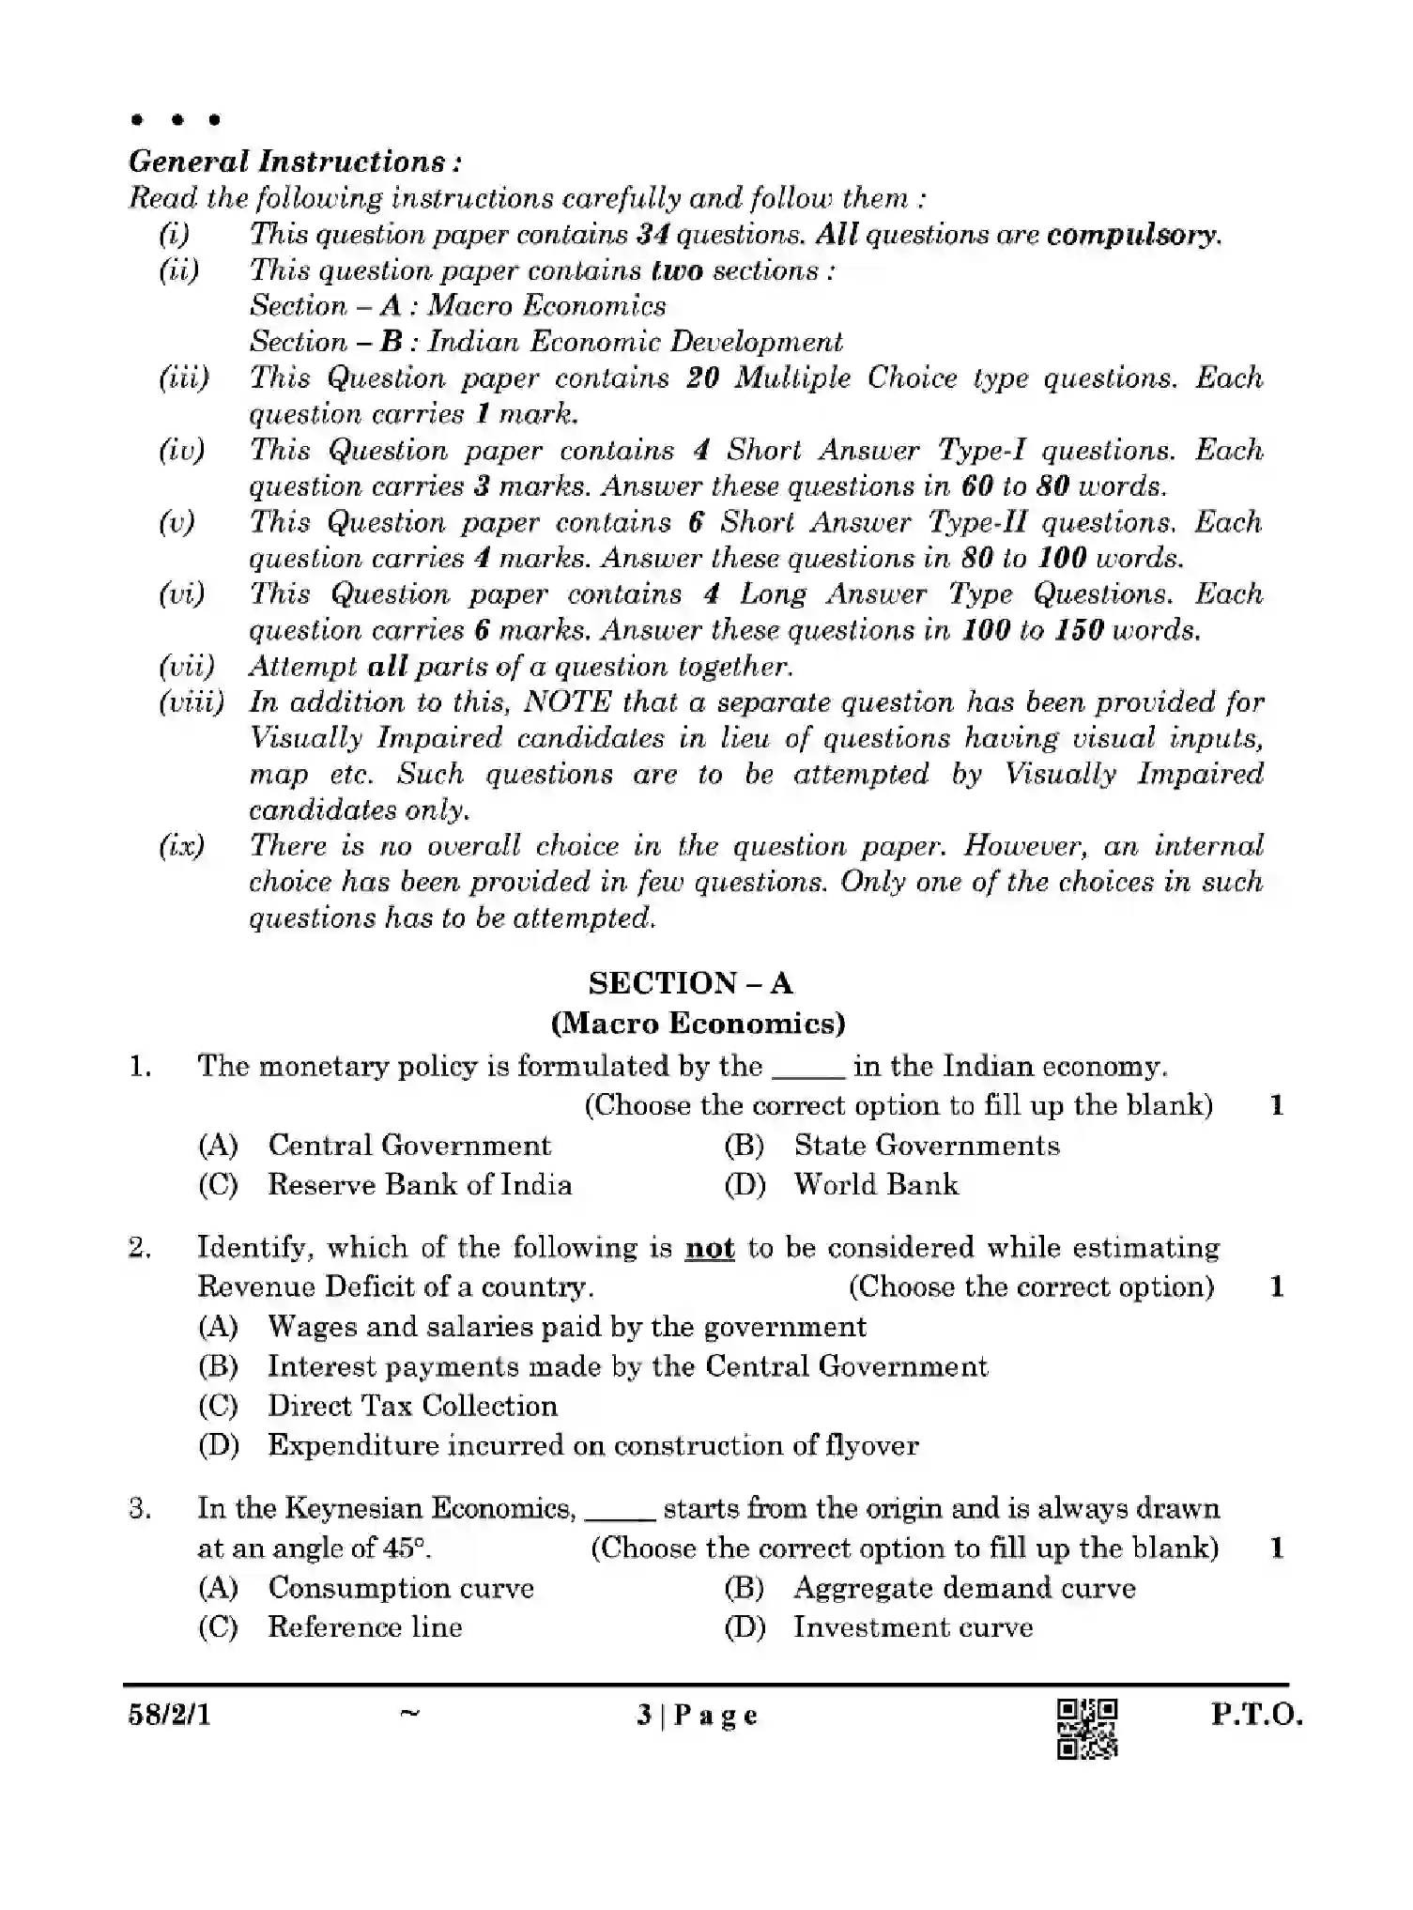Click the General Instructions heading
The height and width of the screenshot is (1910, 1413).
[x=295, y=162]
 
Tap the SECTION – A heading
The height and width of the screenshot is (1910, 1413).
[x=690, y=983]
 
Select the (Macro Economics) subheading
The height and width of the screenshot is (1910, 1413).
[x=698, y=1023]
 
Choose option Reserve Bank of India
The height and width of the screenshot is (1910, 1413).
[x=420, y=1184]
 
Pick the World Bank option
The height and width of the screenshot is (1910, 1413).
[x=875, y=1184]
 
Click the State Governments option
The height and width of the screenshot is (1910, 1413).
[x=926, y=1145]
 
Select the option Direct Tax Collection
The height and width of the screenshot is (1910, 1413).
[x=412, y=1406]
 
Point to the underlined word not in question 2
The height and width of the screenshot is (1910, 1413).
[x=710, y=1248]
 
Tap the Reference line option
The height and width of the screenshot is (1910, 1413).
[x=364, y=1627]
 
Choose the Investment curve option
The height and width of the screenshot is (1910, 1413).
[x=913, y=1627]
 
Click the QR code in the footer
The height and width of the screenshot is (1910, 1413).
[x=1087, y=1728]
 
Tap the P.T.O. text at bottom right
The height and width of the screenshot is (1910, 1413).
[x=1255, y=1716]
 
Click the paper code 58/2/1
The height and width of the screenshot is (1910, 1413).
[x=170, y=1716]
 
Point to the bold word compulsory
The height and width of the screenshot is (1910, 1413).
[x=1132, y=235]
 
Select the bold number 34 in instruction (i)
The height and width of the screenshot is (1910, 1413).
[x=652, y=235]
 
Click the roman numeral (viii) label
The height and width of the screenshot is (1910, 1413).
[x=191, y=702]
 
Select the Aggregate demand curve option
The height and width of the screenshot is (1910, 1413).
[x=963, y=1588]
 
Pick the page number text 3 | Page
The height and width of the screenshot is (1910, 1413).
[x=697, y=1716]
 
